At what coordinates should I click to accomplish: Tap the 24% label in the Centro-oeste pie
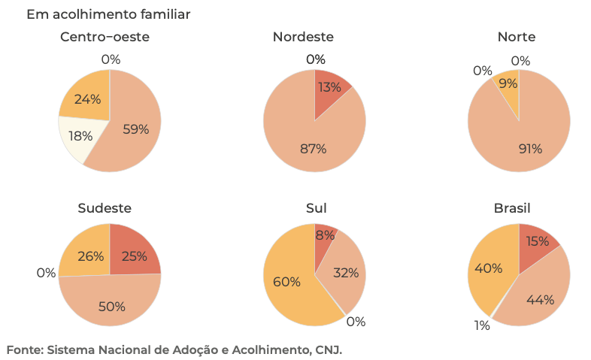coord(87,98)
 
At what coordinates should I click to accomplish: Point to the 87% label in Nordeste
coord(313,149)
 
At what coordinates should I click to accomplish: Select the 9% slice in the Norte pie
coord(509,84)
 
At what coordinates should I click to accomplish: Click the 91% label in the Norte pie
coord(529,149)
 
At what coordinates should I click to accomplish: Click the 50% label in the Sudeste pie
coord(111,307)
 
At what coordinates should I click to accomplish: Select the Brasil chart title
coord(518,208)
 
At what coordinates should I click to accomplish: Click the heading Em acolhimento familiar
coord(108,14)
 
